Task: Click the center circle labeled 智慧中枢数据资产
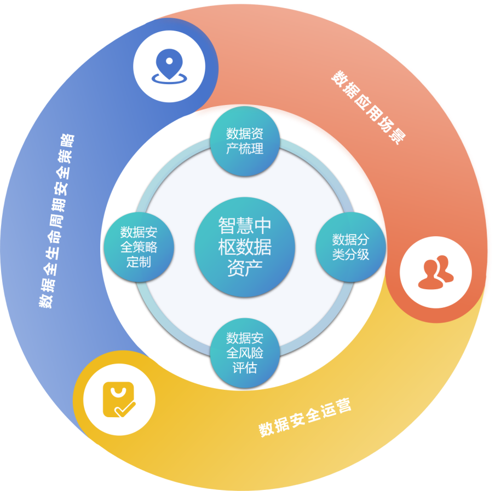pyautogui.click(x=245, y=247)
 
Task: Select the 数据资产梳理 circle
pyautogui.click(x=245, y=141)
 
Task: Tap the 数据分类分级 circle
pyautogui.click(x=350, y=247)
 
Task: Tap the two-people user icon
pyautogui.click(x=435, y=272)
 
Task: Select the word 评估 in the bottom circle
pyautogui.click(x=245, y=367)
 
